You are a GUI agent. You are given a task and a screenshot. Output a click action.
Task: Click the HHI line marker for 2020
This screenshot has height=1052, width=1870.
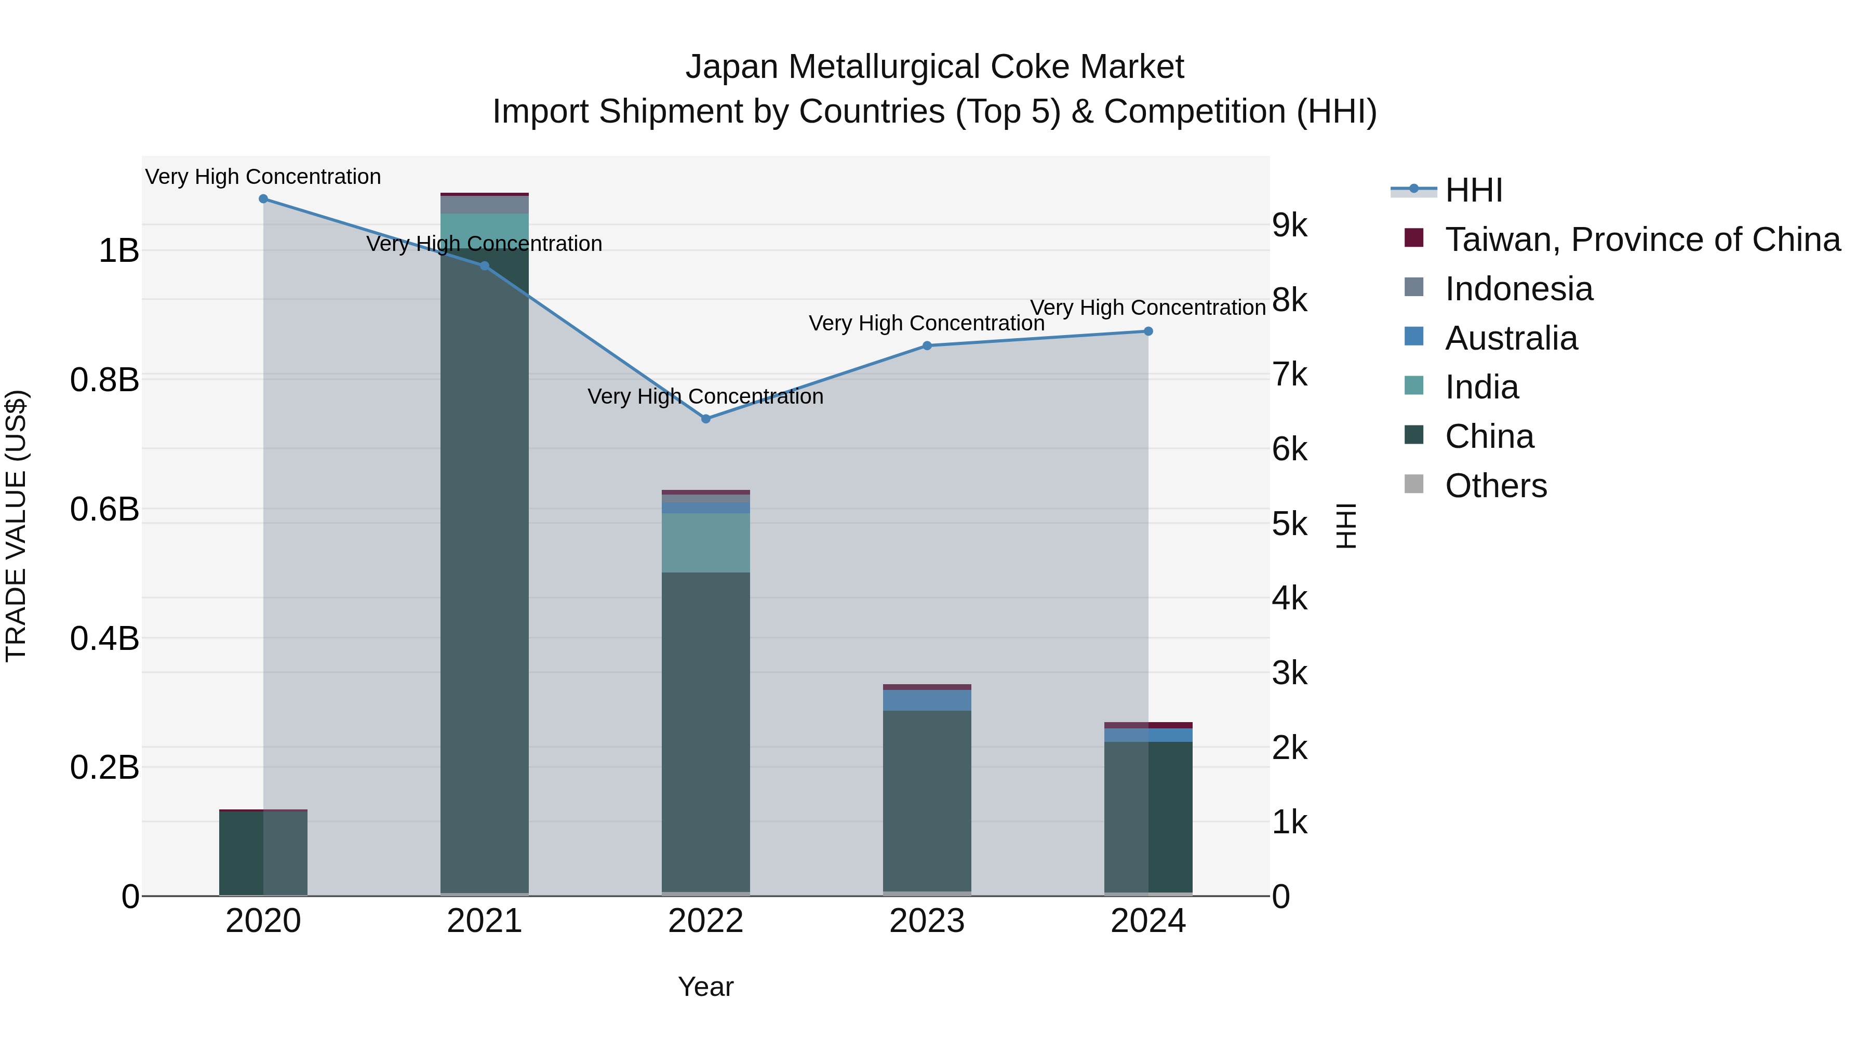point(263,199)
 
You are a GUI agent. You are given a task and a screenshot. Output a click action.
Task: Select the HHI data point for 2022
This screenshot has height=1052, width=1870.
point(705,419)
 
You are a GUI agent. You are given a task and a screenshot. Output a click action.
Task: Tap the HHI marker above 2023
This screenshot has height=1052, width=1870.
point(927,345)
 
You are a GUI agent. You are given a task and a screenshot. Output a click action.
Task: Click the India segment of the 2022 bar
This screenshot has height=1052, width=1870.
point(705,542)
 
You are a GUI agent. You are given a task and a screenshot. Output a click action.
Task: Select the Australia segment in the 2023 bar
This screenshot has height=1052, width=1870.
point(927,700)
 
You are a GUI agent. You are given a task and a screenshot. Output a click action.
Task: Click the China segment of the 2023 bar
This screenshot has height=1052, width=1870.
point(927,798)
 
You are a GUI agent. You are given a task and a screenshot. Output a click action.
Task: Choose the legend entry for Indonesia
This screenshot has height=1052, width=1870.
point(1519,289)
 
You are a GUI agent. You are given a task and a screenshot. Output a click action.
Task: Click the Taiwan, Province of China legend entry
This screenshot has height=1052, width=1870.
point(1642,239)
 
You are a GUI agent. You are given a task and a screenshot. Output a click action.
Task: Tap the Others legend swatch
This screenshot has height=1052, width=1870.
point(1414,484)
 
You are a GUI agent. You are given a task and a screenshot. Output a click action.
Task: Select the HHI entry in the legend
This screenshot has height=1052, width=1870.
point(1474,190)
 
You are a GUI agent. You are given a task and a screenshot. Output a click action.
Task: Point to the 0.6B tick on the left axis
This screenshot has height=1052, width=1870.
point(104,510)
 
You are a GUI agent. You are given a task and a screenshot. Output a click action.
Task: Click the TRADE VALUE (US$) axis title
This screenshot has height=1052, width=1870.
point(16,526)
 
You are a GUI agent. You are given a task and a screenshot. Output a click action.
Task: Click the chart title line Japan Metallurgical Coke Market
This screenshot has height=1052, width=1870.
point(934,67)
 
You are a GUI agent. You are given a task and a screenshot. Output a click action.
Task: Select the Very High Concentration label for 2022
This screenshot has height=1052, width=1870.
point(705,396)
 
